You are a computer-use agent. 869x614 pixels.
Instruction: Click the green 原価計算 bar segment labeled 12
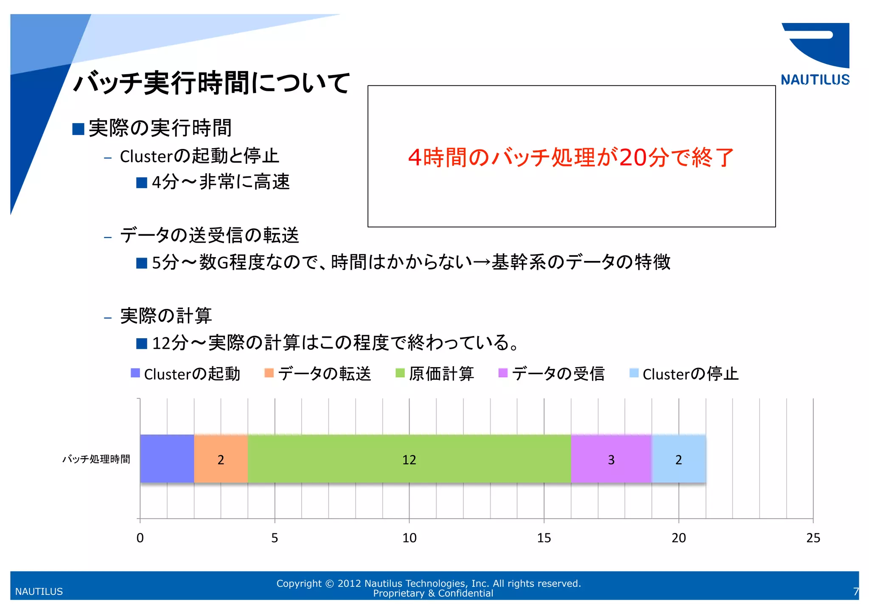[x=409, y=459]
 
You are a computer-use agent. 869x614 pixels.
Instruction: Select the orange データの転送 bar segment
[x=221, y=459]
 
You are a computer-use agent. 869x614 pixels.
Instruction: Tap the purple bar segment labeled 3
[x=611, y=459]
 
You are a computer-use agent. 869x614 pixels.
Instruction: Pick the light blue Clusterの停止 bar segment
[x=678, y=459]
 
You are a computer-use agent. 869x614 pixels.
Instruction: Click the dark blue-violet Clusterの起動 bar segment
[x=167, y=459]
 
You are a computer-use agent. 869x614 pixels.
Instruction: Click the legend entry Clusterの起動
[x=186, y=374]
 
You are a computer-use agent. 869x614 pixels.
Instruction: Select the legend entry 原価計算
[x=435, y=374]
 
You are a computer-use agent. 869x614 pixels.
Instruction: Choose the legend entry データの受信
[x=552, y=374]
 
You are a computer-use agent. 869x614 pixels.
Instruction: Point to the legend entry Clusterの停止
[x=684, y=374]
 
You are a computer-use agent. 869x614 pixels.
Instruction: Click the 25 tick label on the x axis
[x=813, y=538]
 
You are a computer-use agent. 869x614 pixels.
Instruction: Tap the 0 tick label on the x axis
[x=140, y=538]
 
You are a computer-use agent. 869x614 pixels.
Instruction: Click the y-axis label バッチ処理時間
[x=96, y=459]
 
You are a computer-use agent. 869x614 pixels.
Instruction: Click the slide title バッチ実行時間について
[x=211, y=83]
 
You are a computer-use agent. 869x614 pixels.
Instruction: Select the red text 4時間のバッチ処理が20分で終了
[x=571, y=157]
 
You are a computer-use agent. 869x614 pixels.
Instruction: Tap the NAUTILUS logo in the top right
[x=815, y=54]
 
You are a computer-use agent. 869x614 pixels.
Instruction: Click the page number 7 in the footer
[x=855, y=592]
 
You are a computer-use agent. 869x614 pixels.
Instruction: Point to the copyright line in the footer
[x=429, y=583]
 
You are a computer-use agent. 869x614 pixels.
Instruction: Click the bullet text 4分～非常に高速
[x=221, y=182]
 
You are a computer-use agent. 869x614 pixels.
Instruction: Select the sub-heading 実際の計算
[x=166, y=316]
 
